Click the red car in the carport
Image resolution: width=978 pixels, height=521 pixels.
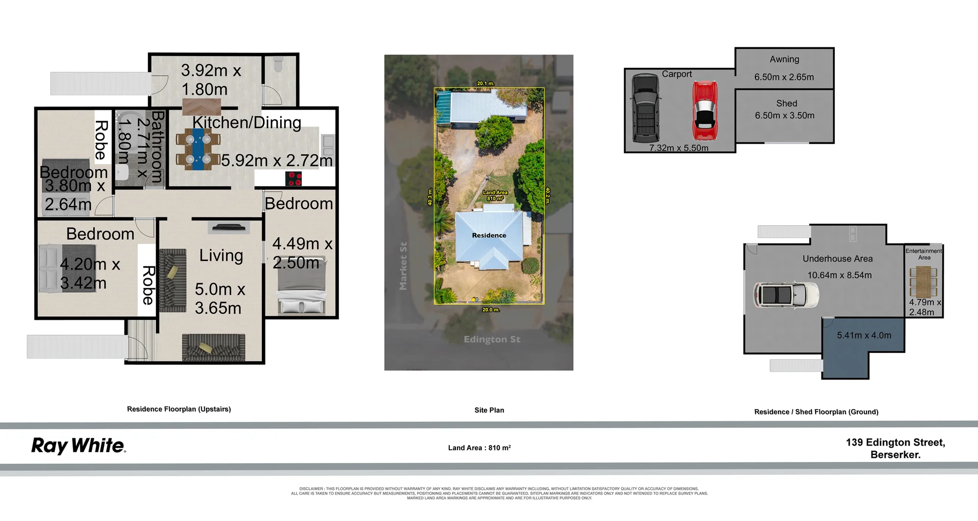(x=704, y=112)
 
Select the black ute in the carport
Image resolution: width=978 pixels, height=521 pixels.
(x=645, y=108)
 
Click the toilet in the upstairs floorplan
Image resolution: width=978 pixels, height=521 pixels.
(x=278, y=65)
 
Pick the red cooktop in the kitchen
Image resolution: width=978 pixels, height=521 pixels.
(x=294, y=179)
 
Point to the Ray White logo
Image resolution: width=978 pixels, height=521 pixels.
(x=78, y=446)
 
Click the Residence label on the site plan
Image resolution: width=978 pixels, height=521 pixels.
(x=488, y=235)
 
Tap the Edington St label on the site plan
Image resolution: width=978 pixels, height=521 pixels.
(x=492, y=339)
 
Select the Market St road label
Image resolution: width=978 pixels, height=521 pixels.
(x=403, y=266)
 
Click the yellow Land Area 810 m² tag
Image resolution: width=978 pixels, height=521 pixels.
(x=495, y=196)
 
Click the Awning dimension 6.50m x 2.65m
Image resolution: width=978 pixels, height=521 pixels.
(x=784, y=77)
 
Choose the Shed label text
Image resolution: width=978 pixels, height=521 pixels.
(x=786, y=103)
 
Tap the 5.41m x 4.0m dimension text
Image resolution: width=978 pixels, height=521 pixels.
(x=864, y=335)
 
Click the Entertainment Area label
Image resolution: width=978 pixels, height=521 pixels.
(x=923, y=254)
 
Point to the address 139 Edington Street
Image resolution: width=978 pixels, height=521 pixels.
(x=895, y=443)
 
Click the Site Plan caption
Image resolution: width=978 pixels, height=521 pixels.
(x=489, y=410)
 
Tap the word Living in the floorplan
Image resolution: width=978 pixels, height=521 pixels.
(x=221, y=255)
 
